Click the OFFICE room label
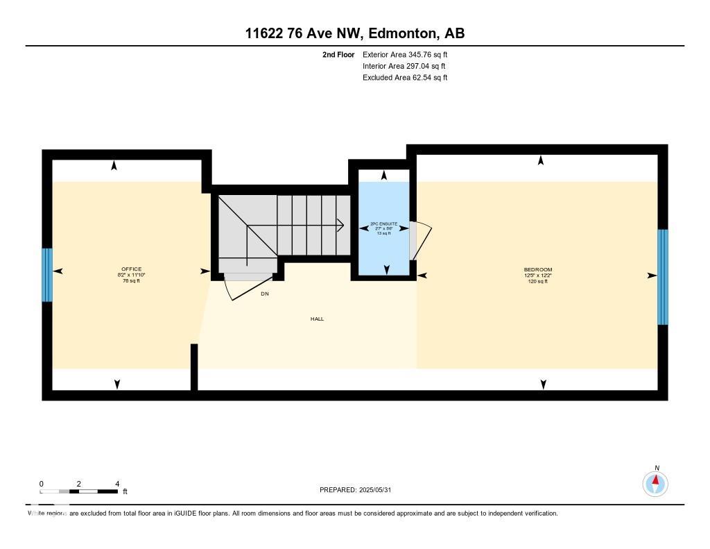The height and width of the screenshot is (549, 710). point(132,269)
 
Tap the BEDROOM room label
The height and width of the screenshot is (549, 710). point(537,269)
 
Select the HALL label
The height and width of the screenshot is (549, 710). point(317,319)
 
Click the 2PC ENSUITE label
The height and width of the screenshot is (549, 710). point(383,224)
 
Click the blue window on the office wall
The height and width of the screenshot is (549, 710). point(47,275)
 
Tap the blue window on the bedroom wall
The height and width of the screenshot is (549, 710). point(663,276)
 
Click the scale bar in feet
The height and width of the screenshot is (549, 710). point(79,491)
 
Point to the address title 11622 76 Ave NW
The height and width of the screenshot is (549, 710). point(354,33)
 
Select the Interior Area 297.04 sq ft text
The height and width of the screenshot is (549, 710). point(404,66)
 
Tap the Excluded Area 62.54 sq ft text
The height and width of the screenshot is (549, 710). point(405,78)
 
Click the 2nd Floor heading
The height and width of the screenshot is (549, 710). point(338,54)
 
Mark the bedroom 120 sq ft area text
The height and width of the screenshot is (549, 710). point(537,281)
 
